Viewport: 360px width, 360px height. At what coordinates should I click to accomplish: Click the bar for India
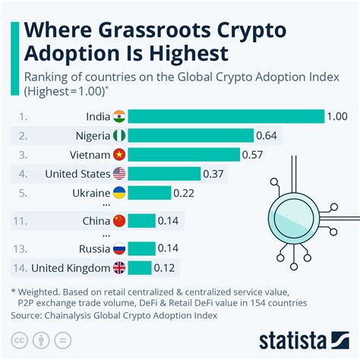tap(226, 116)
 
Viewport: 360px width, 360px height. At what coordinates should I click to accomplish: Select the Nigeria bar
tap(191, 135)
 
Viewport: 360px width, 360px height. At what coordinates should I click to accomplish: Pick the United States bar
tap(165, 173)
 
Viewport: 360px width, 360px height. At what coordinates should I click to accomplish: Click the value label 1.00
tap(337, 116)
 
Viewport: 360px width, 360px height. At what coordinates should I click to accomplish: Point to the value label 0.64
tap(265, 135)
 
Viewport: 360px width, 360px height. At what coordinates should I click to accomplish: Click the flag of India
tap(119, 116)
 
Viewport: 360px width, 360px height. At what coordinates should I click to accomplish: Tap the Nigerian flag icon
tap(119, 135)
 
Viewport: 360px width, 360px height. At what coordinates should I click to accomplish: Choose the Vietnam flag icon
tap(119, 154)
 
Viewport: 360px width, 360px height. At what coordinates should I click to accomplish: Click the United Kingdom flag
tap(119, 267)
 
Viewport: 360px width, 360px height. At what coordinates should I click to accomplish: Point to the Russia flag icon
tap(119, 248)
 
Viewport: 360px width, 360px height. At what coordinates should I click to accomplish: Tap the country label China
tap(95, 221)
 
